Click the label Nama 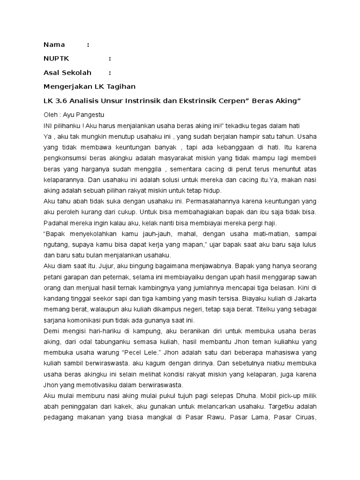[x=54, y=45]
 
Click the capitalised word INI [x=49, y=126]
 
